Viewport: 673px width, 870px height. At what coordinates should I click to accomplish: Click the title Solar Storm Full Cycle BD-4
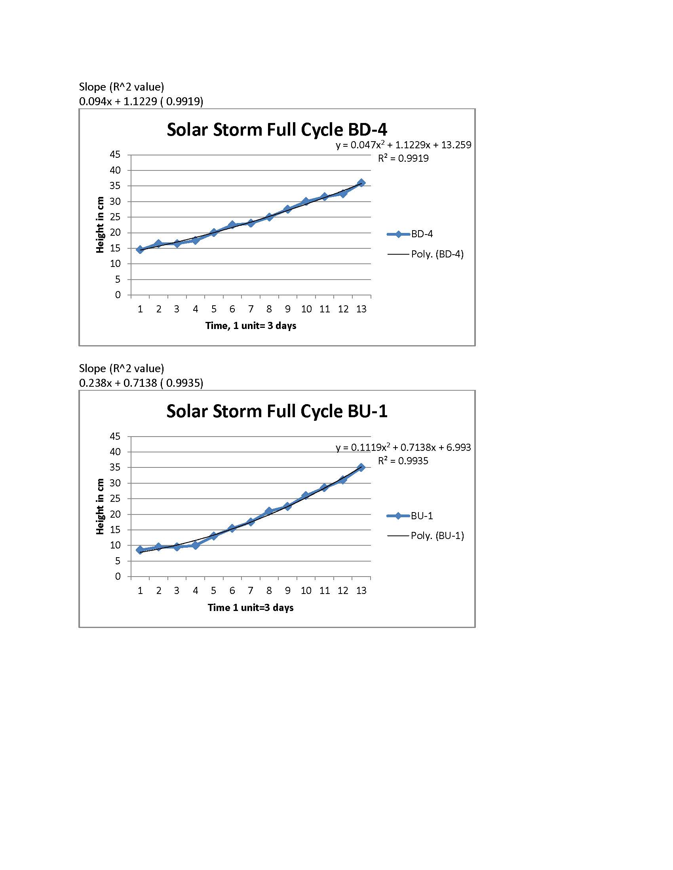click(x=277, y=130)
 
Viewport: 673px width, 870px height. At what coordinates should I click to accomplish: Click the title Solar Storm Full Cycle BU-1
click(x=277, y=411)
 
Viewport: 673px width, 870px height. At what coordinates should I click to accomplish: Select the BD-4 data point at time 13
click(x=361, y=183)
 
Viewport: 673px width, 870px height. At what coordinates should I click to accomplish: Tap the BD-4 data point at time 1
click(x=140, y=250)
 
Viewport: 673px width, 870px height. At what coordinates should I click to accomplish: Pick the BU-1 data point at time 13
click(x=361, y=467)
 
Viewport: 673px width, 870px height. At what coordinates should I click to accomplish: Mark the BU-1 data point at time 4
click(x=195, y=545)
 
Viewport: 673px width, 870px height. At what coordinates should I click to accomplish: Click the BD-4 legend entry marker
click(x=398, y=234)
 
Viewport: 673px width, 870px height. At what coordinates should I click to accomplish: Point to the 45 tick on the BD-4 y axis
click(x=115, y=155)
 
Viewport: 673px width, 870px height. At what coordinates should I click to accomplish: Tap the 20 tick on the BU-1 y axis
click(x=115, y=514)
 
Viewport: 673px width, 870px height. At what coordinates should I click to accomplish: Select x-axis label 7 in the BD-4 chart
click(x=251, y=309)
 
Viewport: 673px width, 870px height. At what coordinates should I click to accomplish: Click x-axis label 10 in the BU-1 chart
click(x=306, y=590)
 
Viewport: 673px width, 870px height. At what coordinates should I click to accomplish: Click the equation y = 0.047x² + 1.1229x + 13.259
click(x=403, y=145)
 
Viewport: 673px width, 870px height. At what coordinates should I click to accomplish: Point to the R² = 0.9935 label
click(x=403, y=461)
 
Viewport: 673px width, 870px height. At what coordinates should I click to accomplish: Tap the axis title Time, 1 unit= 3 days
click(x=251, y=326)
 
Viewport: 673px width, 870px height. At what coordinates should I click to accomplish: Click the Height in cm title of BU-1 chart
click(x=100, y=506)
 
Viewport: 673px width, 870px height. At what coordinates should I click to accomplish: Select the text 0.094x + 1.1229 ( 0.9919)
click(x=141, y=102)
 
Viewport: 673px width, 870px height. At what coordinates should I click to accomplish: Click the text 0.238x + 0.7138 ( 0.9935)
click(x=141, y=383)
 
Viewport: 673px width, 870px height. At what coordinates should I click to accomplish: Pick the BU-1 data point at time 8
click(x=269, y=511)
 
